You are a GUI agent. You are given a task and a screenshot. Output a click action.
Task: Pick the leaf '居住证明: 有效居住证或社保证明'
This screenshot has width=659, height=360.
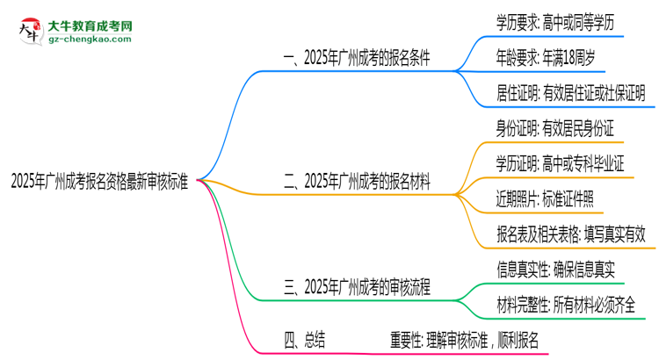click(570, 90)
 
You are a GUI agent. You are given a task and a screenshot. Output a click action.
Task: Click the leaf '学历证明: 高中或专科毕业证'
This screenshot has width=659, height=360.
click(560, 163)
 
